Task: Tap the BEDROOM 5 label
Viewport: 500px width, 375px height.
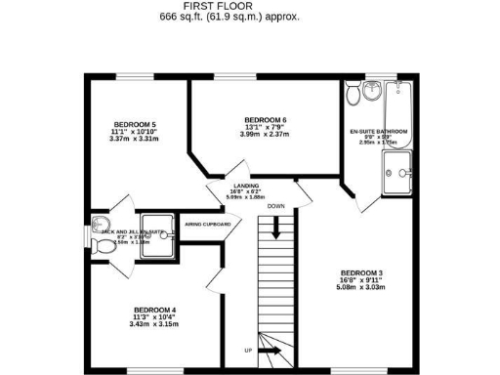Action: click(135, 125)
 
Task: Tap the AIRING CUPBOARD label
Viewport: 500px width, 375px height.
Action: click(208, 225)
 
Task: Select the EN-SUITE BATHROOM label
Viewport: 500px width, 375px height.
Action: click(379, 131)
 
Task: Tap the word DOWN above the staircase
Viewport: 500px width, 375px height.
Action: click(276, 206)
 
